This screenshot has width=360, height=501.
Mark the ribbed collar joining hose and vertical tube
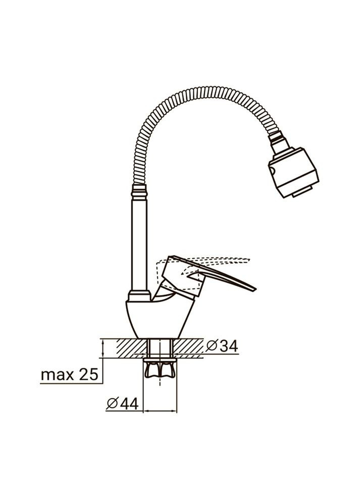coord(140,191)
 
